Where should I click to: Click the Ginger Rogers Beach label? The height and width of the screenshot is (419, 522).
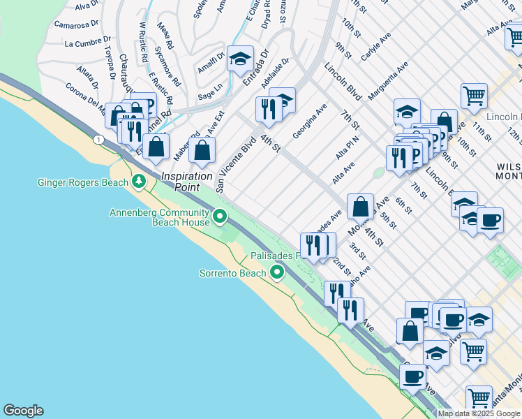(x=82, y=183)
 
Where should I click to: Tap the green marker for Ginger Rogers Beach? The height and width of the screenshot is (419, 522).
(x=139, y=182)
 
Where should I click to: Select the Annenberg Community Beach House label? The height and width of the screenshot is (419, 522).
(x=160, y=217)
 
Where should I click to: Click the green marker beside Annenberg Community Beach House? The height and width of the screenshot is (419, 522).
(x=221, y=216)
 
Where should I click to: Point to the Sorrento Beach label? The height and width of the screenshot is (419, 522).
(x=232, y=272)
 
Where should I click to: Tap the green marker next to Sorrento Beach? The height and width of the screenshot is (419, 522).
(x=277, y=272)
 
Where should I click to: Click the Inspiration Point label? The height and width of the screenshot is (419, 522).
(x=187, y=177)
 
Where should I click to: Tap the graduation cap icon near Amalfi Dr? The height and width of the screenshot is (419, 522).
(x=240, y=60)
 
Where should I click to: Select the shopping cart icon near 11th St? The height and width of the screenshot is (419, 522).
(x=474, y=96)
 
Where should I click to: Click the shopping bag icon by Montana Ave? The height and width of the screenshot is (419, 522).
(x=360, y=206)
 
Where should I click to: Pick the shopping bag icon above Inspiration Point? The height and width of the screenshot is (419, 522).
(x=202, y=149)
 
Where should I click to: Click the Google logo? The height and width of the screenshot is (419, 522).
(x=23, y=411)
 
